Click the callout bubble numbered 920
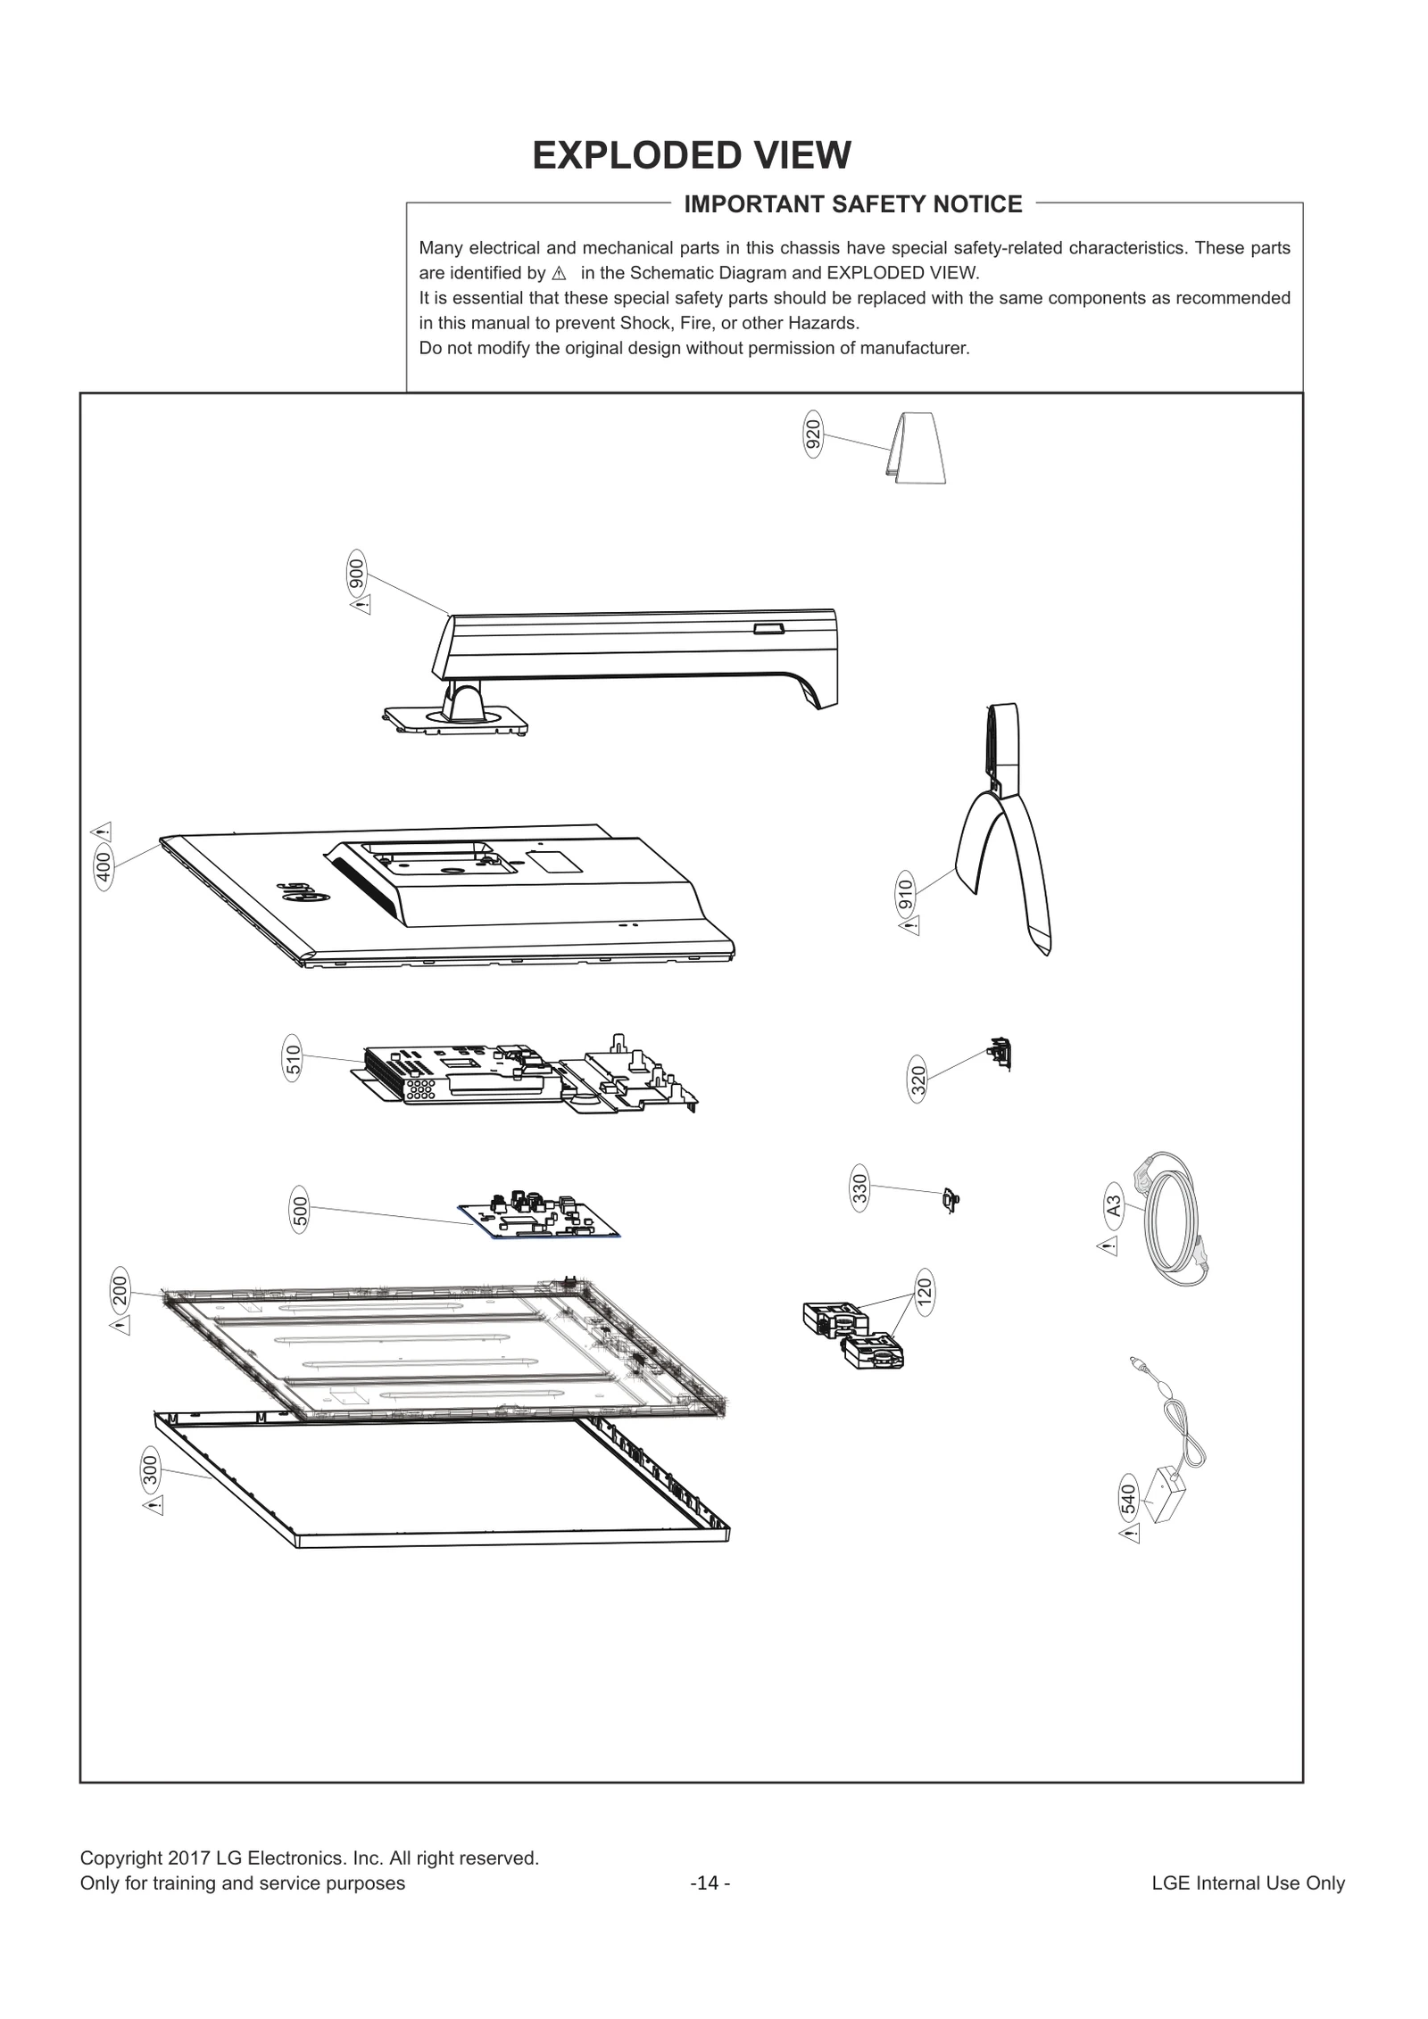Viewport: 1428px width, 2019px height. click(x=812, y=434)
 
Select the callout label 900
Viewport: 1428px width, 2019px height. click(x=356, y=573)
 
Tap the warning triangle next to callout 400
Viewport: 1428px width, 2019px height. click(x=103, y=832)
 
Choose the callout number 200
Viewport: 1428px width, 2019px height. click(x=120, y=1288)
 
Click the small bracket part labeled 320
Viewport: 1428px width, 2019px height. click(x=1000, y=1055)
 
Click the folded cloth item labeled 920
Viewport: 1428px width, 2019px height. click(x=917, y=448)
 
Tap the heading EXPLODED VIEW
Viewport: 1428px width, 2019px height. click(x=692, y=155)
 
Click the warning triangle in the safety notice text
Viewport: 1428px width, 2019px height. click(x=560, y=273)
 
